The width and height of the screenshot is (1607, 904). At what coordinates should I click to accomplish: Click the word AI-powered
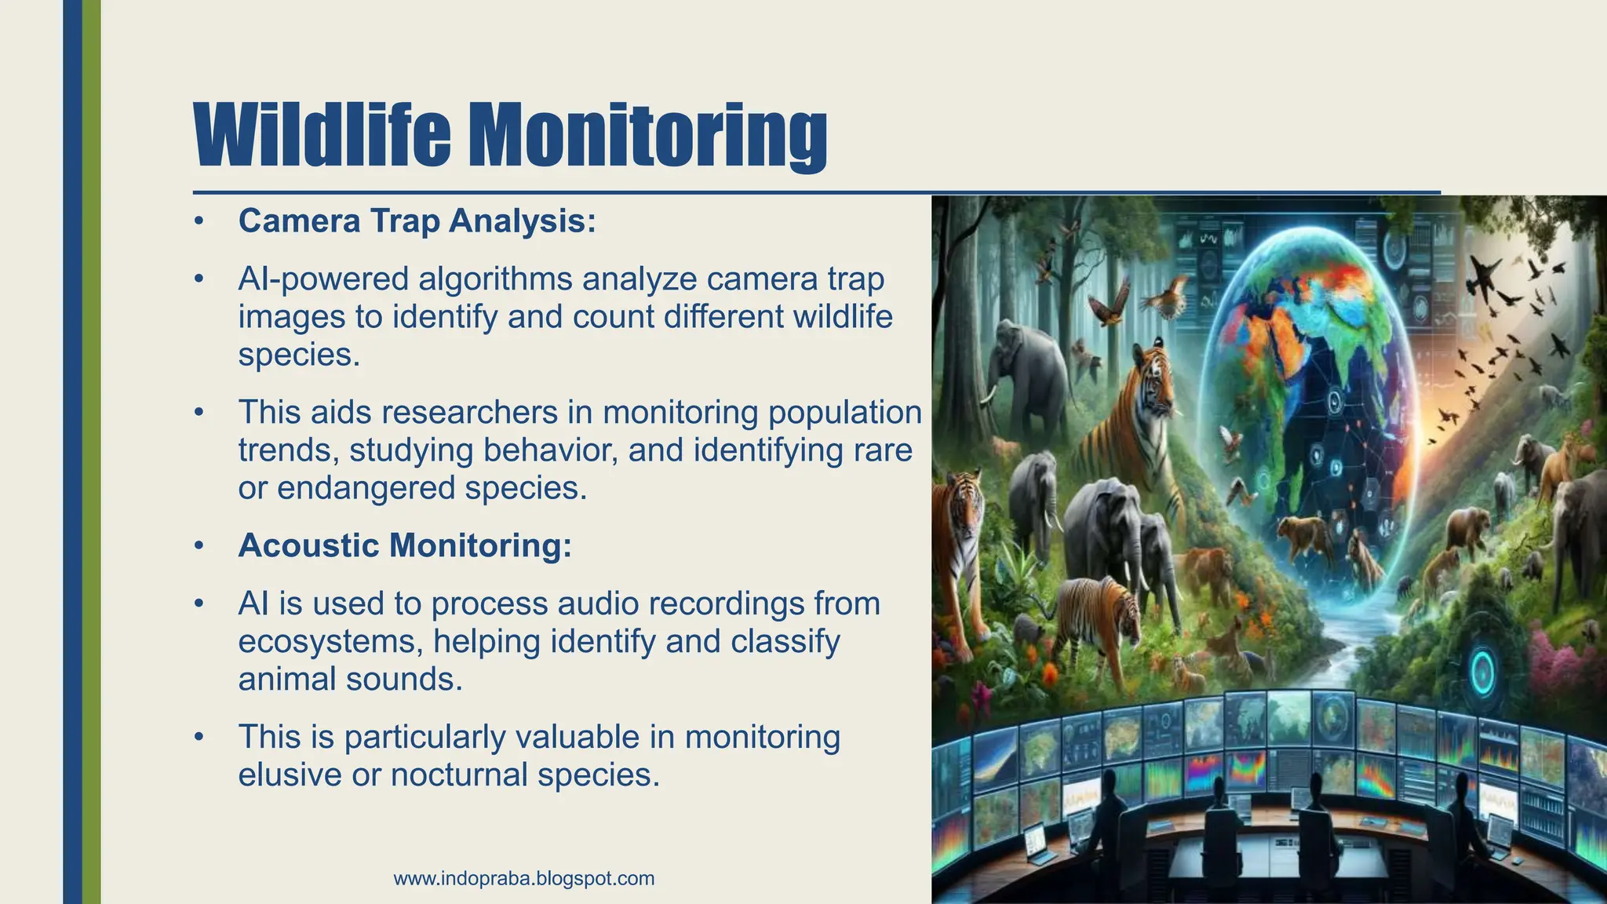tap(323, 279)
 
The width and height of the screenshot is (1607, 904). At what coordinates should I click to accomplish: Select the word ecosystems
tap(330, 642)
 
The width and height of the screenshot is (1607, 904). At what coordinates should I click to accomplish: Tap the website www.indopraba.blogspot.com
tap(524, 878)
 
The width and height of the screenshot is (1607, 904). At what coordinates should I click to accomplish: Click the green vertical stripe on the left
tap(92, 452)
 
